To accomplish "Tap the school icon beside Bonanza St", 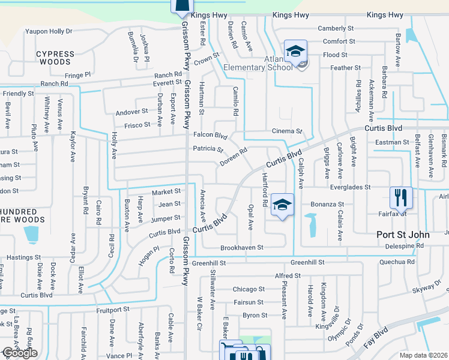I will pos(282,205).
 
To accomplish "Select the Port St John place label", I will pos(403,235).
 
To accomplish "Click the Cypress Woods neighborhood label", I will pos(56,58).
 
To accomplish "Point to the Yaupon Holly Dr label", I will pos(49,31).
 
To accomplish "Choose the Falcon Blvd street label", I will pos(210,136).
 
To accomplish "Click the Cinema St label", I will pos(287,131).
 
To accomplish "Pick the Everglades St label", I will pos(352,188).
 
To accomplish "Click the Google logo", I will pos(20,353).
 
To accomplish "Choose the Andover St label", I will pos(132,112).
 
